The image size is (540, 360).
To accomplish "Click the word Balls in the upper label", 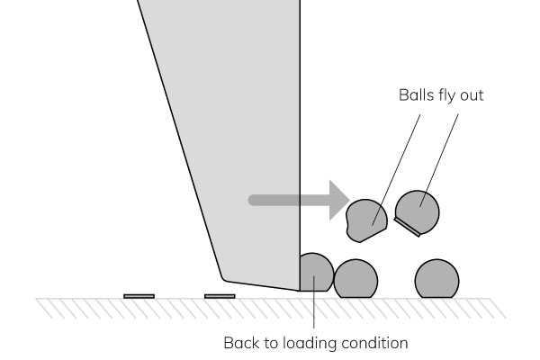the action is (x=413, y=95).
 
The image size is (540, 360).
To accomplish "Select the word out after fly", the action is (x=472, y=96).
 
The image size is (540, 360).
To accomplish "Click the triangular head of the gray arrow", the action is (x=339, y=200).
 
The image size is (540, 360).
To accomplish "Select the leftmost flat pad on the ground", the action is (x=139, y=296).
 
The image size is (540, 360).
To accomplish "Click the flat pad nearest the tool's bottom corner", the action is (x=220, y=296).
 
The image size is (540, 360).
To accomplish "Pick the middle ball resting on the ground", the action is (x=355, y=279).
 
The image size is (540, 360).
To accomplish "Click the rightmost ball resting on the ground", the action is (x=436, y=279).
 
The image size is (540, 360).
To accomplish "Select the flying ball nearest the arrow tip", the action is (x=366, y=220).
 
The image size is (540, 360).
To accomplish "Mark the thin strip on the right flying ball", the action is (x=407, y=227).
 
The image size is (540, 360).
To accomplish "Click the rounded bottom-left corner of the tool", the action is (x=224, y=278).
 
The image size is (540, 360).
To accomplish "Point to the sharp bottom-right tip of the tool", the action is (x=300, y=291).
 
